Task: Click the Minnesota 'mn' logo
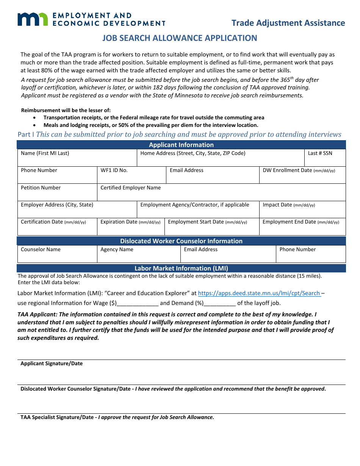33,19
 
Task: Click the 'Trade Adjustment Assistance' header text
288,23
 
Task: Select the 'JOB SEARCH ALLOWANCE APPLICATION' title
180,38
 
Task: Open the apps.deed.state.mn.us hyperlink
259,293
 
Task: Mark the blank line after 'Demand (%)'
220,303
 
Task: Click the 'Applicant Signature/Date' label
52,364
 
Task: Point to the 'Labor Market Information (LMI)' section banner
181,268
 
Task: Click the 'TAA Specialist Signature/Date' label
57,418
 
